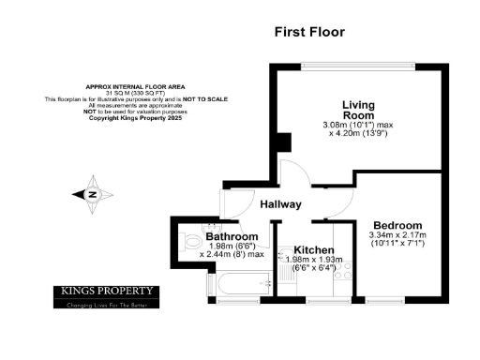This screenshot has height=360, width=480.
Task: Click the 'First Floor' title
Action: click(309, 32)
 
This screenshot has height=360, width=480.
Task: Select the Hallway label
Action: click(280, 203)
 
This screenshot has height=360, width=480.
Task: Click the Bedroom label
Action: click(397, 225)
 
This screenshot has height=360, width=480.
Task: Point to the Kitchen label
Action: click(305, 247)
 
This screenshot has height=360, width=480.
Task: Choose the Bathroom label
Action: click(232, 237)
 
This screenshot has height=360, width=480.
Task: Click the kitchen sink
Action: click(278, 278)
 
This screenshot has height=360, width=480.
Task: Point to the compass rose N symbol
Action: click(94, 194)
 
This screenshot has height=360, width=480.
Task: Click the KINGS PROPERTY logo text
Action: click(105, 291)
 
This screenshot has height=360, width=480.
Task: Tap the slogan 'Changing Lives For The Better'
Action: click(105, 304)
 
